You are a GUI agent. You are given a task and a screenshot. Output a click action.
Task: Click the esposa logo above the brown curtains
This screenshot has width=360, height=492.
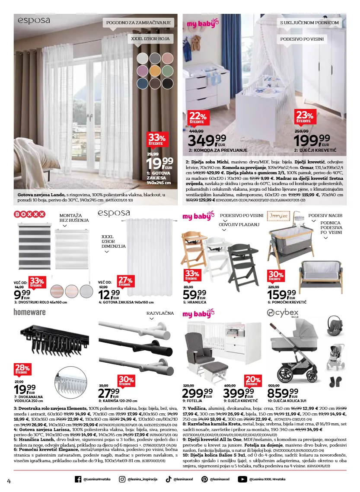34,20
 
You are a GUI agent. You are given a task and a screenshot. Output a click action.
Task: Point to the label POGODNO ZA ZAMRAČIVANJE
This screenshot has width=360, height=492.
137,22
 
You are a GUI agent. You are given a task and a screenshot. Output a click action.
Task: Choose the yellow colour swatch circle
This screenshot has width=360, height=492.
155,70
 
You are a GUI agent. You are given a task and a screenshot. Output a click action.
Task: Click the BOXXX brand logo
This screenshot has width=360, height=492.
30,214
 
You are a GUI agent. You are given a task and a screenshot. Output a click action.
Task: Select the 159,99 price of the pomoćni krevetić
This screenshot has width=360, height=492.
281,294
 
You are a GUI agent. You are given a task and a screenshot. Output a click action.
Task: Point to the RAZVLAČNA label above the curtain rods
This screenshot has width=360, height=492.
160,312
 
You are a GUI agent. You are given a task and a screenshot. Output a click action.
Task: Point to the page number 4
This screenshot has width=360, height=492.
9,481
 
